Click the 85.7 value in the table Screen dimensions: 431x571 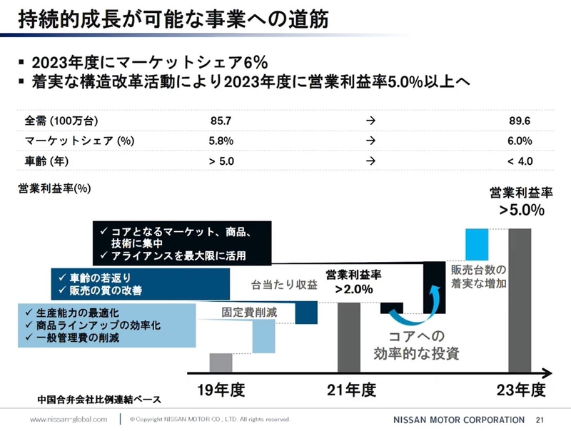(x=221, y=121)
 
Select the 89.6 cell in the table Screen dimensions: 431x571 (x=520, y=121)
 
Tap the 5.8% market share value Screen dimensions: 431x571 (x=221, y=141)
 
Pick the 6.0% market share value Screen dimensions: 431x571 (x=520, y=141)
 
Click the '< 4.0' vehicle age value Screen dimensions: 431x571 (x=520, y=161)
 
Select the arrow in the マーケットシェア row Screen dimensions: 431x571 (x=370, y=141)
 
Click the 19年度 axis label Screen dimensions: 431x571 (x=221, y=390)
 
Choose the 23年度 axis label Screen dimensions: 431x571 (x=521, y=390)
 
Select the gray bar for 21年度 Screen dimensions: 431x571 (x=348, y=337)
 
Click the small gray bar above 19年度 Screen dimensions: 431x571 (x=221, y=362)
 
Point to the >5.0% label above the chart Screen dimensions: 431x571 (x=522, y=210)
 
